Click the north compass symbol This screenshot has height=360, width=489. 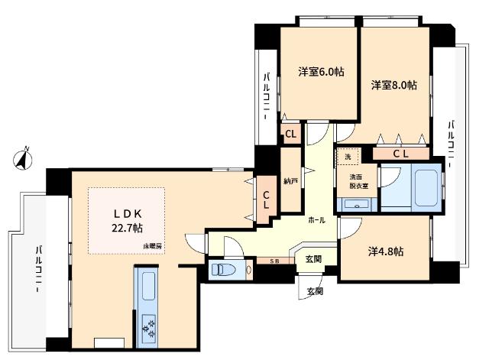(x=23, y=159)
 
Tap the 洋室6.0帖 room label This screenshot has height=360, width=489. (x=321, y=72)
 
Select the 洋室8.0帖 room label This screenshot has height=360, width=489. (x=394, y=85)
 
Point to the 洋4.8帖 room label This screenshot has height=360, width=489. (x=386, y=251)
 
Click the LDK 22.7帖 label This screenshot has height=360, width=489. (x=128, y=221)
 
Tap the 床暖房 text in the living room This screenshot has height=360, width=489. (x=153, y=246)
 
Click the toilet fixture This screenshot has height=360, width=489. (x=223, y=269)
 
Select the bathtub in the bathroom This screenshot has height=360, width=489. (x=426, y=188)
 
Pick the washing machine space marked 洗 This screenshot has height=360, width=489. (x=348, y=157)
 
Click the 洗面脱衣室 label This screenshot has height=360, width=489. (x=358, y=182)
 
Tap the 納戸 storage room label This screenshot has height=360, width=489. (x=290, y=181)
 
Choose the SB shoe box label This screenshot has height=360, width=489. (x=275, y=261)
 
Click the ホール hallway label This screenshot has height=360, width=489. (x=316, y=220)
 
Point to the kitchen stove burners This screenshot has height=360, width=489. (x=149, y=329)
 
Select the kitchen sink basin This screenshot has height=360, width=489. (x=148, y=286)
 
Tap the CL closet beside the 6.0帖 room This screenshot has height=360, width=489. (x=291, y=135)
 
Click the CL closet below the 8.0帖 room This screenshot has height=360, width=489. (x=400, y=154)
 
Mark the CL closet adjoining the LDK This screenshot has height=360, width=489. (x=266, y=199)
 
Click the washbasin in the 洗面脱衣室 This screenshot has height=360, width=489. (x=357, y=205)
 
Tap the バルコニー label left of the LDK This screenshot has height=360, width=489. (x=38, y=269)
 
